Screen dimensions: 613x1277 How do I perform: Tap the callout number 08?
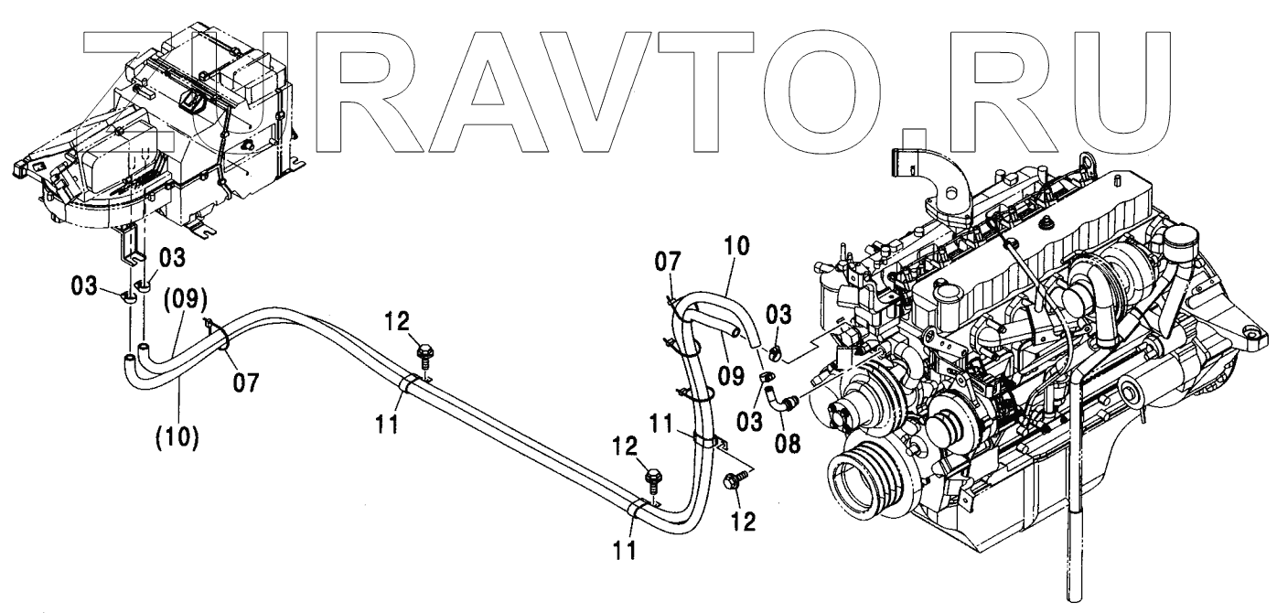788,444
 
